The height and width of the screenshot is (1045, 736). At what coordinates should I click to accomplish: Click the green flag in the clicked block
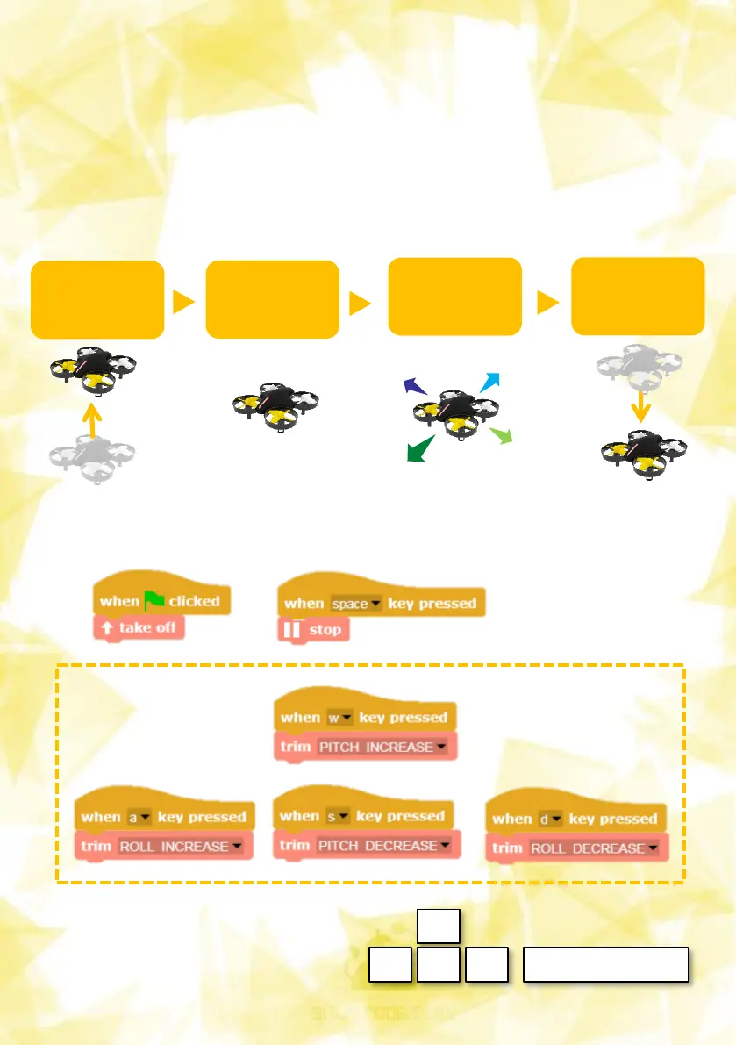pos(154,600)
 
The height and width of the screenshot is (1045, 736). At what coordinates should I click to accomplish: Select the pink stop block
pos(313,629)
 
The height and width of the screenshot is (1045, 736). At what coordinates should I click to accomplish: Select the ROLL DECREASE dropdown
pos(593,848)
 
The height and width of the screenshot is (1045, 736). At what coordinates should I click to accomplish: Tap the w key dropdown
pos(339,718)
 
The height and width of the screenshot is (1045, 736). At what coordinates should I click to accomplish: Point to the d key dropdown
pos(548,820)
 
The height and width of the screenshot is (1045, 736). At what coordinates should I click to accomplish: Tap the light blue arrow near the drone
pos(489,382)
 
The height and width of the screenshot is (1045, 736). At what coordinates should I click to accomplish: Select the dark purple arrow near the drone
pos(414,385)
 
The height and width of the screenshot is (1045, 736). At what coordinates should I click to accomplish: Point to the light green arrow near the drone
pos(500,434)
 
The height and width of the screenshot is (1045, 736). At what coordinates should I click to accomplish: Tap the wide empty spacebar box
pos(604,964)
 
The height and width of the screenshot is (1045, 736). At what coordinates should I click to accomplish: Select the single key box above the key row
pos(438,925)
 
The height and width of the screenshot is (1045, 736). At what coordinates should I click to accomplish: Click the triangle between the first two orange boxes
pos(184,302)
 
